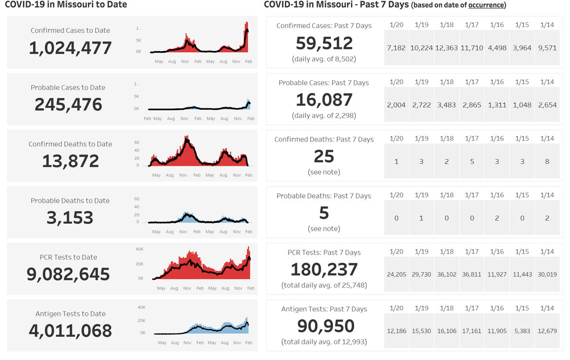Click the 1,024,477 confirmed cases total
(70, 48)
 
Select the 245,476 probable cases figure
(68, 104)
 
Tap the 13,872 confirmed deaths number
(70, 161)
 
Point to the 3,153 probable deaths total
(70, 218)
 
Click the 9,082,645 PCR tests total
(68, 274)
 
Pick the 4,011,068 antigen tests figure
(70, 331)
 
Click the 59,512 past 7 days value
(324, 43)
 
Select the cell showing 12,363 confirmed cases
(446, 48)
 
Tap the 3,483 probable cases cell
(446, 105)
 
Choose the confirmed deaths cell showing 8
(547, 161)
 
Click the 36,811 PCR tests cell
(472, 275)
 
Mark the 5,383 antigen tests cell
(522, 331)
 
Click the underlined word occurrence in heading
(486, 6)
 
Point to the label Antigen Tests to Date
(70, 313)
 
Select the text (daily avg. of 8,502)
(324, 59)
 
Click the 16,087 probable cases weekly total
(324, 100)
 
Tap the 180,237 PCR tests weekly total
(324, 269)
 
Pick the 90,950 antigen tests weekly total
(326, 326)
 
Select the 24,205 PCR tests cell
(396, 275)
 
